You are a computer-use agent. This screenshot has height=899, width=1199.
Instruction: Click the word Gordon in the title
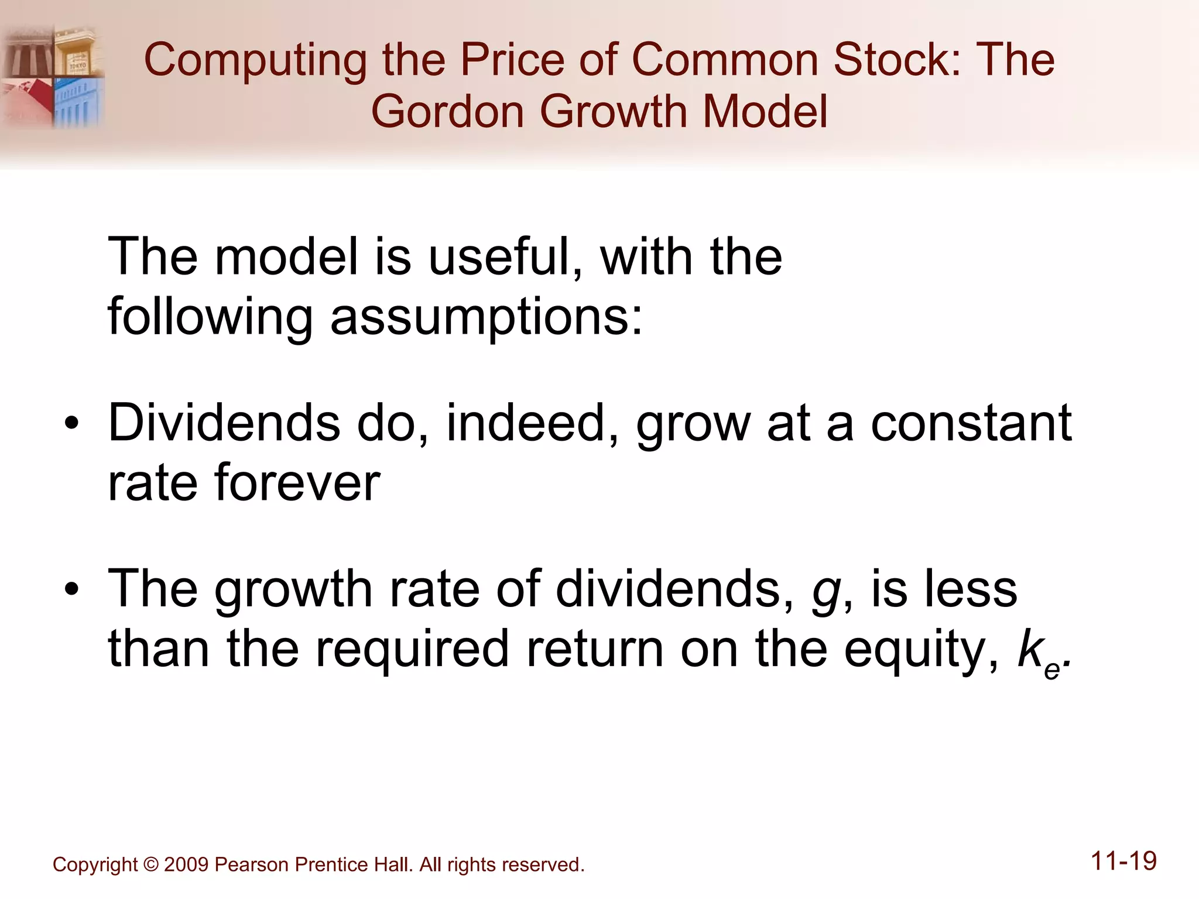pos(448,112)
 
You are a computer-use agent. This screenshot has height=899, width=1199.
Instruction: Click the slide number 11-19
pos(1123,862)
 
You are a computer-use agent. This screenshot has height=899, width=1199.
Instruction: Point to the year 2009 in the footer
pos(186,864)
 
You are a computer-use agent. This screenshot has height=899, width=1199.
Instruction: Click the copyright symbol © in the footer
pos(150,864)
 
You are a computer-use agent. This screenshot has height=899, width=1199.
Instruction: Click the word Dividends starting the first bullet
pos(224,423)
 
